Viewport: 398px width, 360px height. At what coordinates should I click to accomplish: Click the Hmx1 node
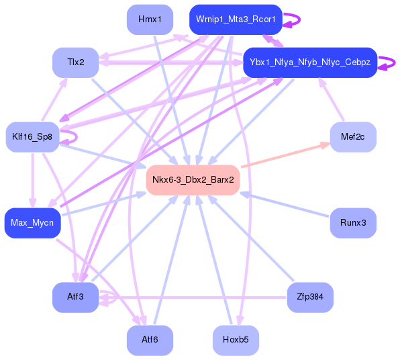coord(150,19)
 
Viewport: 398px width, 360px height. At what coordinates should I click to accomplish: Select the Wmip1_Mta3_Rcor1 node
coord(235,19)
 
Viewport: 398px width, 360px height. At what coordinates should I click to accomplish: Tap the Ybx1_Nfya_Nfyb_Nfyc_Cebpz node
coord(309,62)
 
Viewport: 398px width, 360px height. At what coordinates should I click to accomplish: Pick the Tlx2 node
coord(75,62)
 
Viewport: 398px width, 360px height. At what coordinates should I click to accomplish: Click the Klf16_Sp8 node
coord(32,137)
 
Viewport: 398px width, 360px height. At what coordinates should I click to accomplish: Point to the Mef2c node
coord(352,137)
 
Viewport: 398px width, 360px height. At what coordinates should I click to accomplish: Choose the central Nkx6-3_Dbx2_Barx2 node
coord(193,179)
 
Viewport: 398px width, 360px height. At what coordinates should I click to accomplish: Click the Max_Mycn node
coord(32,222)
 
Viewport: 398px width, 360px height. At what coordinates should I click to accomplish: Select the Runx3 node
coord(352,222)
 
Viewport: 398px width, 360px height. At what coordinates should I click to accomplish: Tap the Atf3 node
coord(75,297)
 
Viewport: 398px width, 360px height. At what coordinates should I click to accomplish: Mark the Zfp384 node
coord(309,297)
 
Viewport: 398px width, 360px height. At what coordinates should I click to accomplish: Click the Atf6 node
coord(150,340)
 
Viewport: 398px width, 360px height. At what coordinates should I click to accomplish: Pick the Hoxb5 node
coord(235,340)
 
